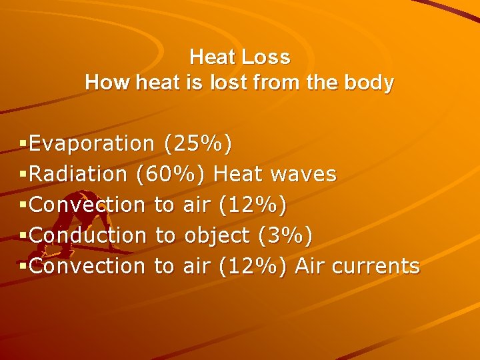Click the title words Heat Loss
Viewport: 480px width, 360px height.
click(239, 57)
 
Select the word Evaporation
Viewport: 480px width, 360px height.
click(92, 143)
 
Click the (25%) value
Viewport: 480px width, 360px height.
click(198, 143)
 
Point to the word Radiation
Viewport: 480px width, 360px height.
click(79, 175)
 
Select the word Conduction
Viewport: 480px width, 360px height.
click(87, 235)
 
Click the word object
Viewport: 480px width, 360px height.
click(217, 235)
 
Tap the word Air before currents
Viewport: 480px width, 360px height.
click(309, 266)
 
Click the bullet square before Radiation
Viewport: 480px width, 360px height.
click(24, 175)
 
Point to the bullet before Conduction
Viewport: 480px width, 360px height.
click(24, 235)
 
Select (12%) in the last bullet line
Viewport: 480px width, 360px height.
click(253, 266)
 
